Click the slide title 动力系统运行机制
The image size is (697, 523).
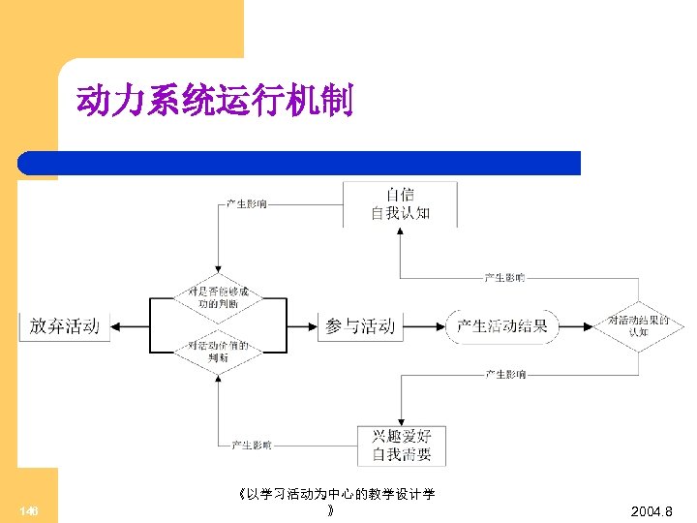[214, 100]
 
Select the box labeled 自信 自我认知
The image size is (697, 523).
[400, 203]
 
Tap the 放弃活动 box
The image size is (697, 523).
[64, 326]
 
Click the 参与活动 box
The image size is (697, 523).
[360, 326]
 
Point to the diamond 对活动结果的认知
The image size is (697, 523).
[638, 326]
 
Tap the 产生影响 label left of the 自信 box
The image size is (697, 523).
[247, 204]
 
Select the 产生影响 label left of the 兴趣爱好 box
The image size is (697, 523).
[251, 446]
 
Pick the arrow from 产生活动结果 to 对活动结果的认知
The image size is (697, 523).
[575, 326]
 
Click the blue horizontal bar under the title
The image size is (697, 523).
[300, 163]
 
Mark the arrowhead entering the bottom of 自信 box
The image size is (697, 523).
[400, 233]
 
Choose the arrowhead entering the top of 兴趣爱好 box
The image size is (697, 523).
[401, 421]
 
